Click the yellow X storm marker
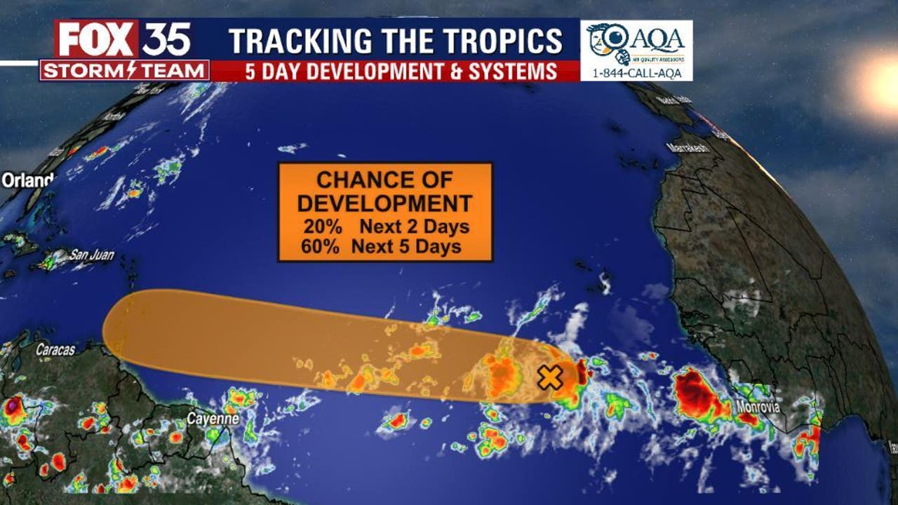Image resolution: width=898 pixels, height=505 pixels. tap(551, 377)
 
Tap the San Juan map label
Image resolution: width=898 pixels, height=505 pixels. tap(91, 255)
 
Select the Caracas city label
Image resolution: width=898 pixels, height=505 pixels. tap(55, 349)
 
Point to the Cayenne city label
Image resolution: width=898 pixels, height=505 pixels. tap(213, 419)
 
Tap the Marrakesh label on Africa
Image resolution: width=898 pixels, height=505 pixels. tap(688, 148)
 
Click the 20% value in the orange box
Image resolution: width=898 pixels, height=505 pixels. tap(319, 227)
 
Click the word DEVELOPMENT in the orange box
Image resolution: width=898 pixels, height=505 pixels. tap(384, 203)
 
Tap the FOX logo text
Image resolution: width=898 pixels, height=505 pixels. tap(97, 40)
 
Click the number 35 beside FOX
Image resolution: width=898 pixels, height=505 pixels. tap(166, 40)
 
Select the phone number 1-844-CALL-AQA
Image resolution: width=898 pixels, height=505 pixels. tap(636, 73)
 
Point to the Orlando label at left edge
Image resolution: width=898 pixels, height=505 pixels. tap(27, 180)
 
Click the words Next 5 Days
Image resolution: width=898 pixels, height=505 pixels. tap(406, 246)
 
